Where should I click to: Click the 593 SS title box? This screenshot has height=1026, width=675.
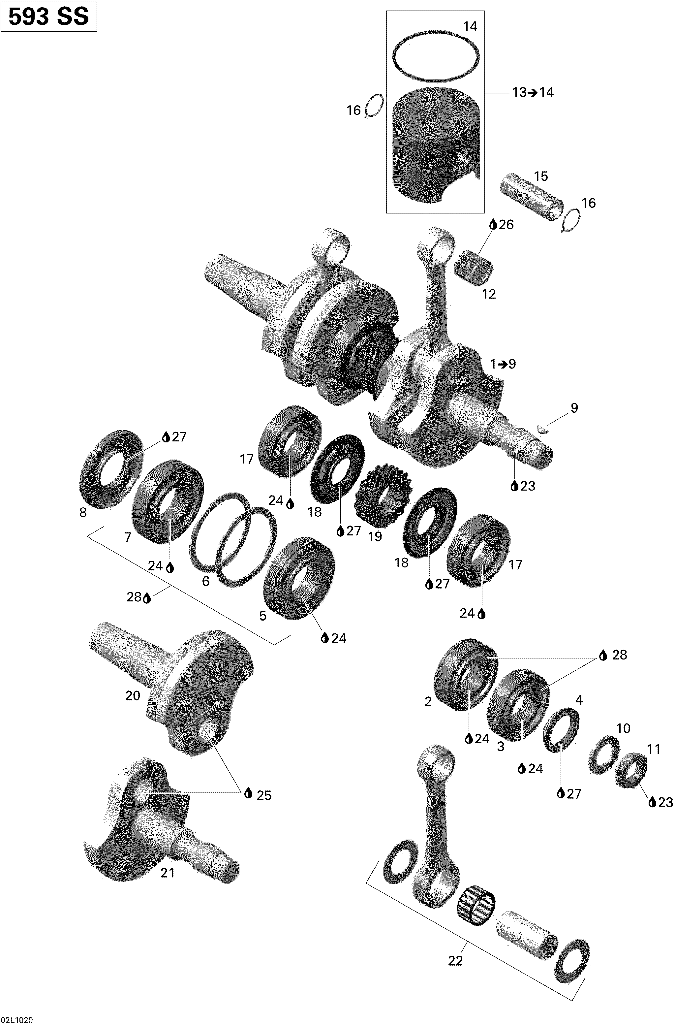49,16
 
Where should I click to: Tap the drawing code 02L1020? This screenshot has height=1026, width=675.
17,1020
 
